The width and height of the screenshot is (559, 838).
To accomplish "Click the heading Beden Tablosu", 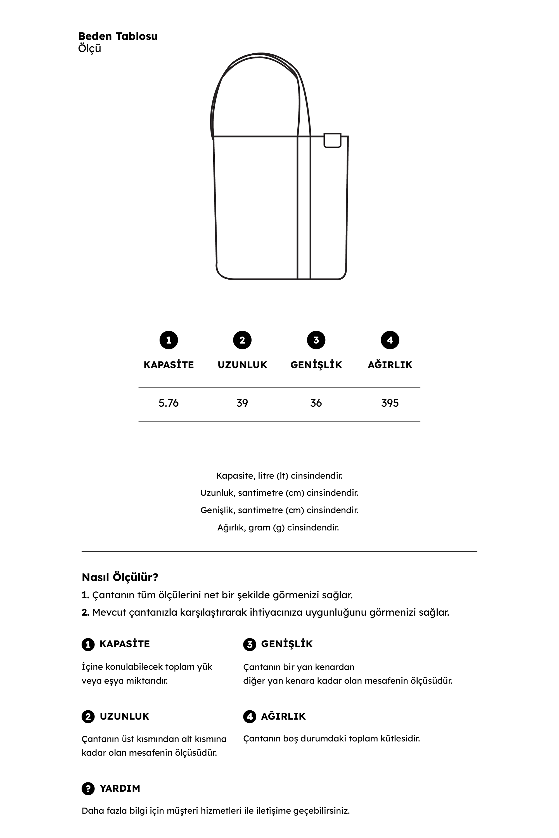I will click(118, 36).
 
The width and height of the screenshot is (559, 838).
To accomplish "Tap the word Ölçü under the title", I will click(89, 48).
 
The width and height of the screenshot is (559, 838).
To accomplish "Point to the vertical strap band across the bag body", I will click(304, 207).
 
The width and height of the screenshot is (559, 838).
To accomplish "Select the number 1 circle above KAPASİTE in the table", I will click(169, 340).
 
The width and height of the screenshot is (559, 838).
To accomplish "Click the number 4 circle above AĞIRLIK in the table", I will click(390, 340).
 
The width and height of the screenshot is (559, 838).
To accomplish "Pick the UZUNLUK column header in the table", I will click(242, 365).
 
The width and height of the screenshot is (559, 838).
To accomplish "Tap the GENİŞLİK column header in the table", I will click(316, 365).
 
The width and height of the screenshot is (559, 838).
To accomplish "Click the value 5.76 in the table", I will click(169, 403).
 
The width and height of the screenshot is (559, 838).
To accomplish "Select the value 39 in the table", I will click(242, 403).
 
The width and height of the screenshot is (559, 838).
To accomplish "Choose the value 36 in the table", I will click(316, 403).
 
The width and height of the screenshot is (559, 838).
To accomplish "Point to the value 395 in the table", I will click(390, 403).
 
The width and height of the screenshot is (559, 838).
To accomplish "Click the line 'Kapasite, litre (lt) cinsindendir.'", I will click(279, 476).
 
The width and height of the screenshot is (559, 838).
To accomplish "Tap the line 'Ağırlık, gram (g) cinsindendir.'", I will click(278, 527).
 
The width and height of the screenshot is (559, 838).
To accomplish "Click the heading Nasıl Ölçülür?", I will click(120, 577).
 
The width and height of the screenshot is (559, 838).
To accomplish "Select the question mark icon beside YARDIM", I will click(88, 789).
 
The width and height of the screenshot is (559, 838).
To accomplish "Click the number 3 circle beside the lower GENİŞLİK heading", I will click(250, 644).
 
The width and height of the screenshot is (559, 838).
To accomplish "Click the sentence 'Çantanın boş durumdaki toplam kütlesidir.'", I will click(331, 739).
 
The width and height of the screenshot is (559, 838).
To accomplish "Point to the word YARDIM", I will click(120, 789).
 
